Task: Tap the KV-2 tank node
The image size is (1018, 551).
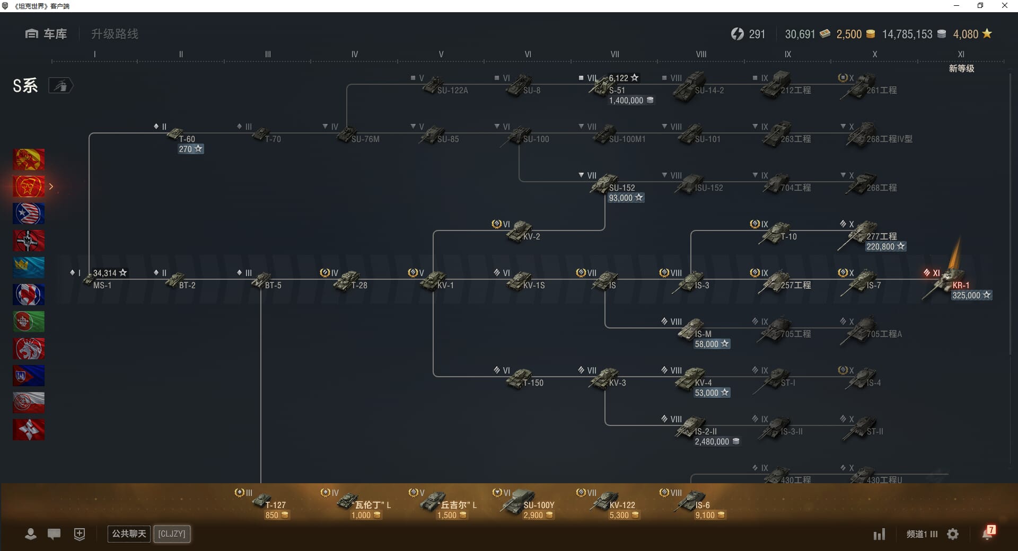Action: [x=522, y=232]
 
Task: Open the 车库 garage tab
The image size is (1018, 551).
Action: [x=46, y=34]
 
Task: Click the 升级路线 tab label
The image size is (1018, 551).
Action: [x=115, y=34]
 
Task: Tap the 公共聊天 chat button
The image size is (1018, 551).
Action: [x=129, y=534]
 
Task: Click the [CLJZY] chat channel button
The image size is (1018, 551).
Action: [x=172, y=534]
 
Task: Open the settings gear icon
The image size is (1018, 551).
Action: [x=953, y=534]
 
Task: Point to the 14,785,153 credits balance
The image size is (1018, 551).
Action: [x=907, y=34]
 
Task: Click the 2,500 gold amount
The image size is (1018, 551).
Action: [x=849, y=34]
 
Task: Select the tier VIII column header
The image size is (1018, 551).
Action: [x=701, y=54]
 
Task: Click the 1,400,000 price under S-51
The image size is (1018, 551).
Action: [x=626, y=101]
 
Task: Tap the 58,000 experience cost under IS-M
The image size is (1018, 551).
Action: [x=707, y=344]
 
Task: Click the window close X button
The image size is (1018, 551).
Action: [x=1004, y=6]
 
